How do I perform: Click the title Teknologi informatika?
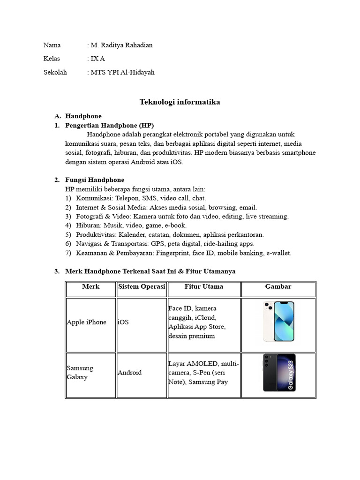[x=180, y=102]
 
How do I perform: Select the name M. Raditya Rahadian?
[x=121, y=45]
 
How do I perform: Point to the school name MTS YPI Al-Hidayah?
[x=122, y=72]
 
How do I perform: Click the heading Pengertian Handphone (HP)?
[x=109, y=125]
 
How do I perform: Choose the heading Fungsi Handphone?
[x=95, y=180]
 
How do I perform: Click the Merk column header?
[x=90, y=286]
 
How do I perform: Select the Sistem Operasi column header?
[x=142, y=286]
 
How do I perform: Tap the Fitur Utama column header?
[x=203, y=286]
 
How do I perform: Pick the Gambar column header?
[x=278, y=286]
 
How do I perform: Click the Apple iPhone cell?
[x=87, y=322]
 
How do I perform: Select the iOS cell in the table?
[x=123, y=322]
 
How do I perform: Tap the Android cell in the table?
[x=129, y=373]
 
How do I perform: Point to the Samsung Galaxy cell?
[x=80, y=373]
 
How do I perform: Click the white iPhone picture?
[x=279, y=322]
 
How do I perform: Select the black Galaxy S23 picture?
[x=279, y=373]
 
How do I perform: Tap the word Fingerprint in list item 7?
[x=170, y=253]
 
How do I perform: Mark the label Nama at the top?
[x=52, y=45]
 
